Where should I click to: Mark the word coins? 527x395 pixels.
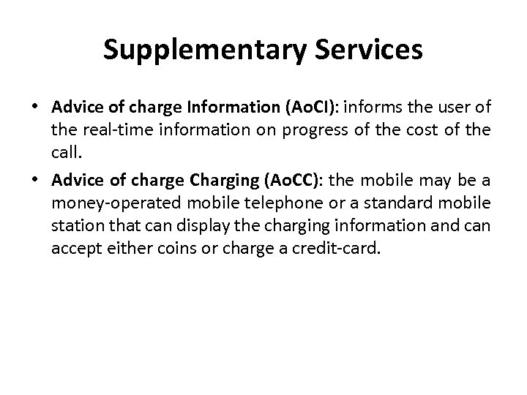pyautogui.click(x=181, y=250)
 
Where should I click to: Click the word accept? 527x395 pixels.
pyautogui.click(x=75, y=250)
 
